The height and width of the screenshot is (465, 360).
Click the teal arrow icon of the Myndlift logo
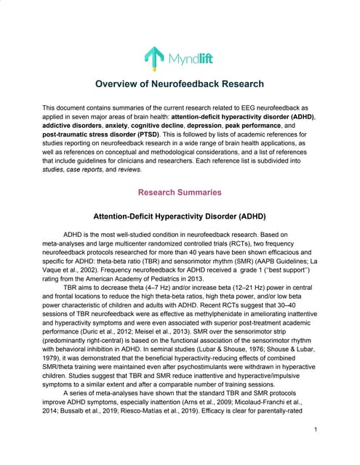coord(153,55)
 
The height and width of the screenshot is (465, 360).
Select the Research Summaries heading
coord(180,193)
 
